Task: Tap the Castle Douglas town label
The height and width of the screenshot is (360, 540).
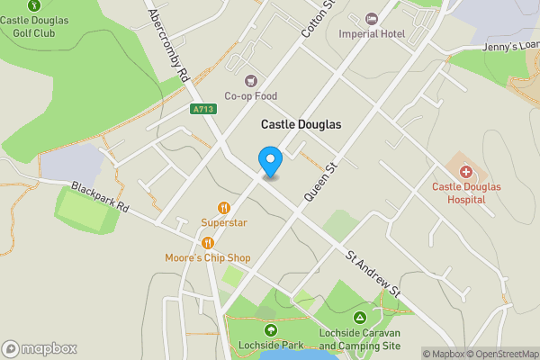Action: tap(301, 124)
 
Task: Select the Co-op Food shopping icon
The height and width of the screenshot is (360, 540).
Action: tap(250, 80)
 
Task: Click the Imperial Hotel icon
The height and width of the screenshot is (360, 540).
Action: tap(372, 19)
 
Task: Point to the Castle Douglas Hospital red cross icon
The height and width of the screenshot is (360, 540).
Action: tap(465, 171)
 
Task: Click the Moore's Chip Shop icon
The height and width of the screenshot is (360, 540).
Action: tap(208, 242)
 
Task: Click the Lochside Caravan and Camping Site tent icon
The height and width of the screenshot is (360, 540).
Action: tap(360, 318)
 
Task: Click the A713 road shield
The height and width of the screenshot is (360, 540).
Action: tap(203, 109)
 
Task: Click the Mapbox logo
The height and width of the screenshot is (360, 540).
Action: tap(40, 348)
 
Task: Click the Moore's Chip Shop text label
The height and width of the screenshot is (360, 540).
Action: tap(208, 258)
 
